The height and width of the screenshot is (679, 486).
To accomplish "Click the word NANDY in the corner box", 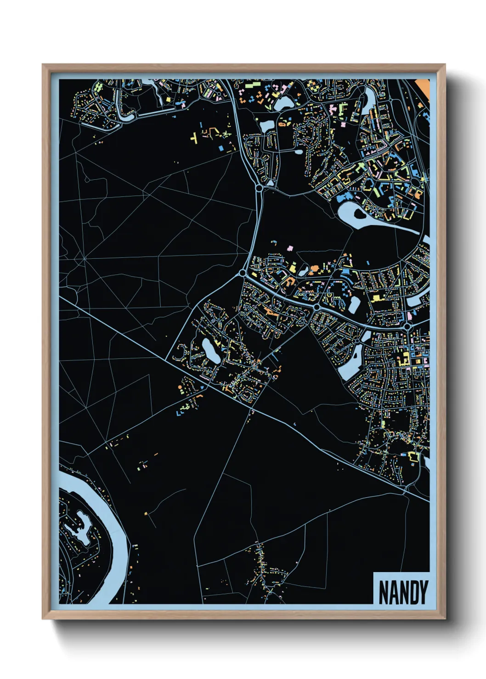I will coord(403,592).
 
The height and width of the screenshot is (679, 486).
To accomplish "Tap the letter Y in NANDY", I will coord(422,592).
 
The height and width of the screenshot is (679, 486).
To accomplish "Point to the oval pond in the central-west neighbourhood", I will coord(211,351).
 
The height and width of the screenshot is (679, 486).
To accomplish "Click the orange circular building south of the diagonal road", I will coord(180,388).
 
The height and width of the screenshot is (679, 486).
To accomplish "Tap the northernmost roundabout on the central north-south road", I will coord(260,188).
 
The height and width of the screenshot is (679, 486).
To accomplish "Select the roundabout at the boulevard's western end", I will coord(242,274).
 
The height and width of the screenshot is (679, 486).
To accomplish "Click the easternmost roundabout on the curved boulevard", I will coord(407,326).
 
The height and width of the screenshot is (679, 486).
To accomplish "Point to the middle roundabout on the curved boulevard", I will coord(316,306).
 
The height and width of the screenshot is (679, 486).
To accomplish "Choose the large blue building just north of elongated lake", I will coord(342,198).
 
